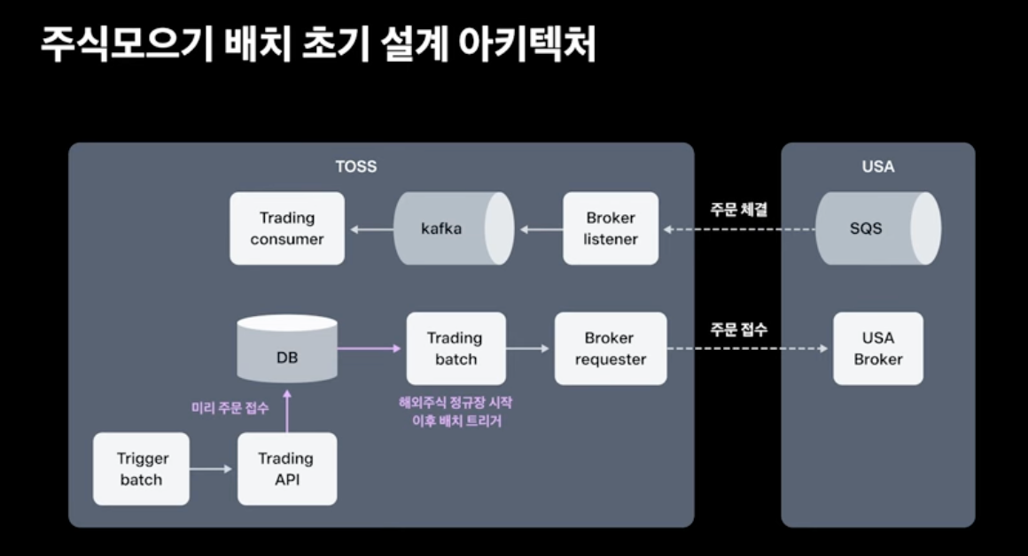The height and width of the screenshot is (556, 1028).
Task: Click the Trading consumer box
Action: (x=287, y=228)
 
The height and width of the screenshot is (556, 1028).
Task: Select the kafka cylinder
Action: (x=454, y=228)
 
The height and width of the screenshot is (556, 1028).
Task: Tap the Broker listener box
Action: (x=611, y=228)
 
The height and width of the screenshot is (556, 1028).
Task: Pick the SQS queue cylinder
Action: (x=878, y=228)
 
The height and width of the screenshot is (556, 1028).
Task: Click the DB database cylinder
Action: (x=287, y=349)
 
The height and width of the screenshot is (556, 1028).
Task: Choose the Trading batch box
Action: (x=456, y=349)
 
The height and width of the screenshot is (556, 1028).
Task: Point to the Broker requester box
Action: (x=611, y=349)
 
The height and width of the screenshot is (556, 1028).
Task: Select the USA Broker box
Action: (x=878, y=349)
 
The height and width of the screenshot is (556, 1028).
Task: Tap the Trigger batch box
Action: (x=141, y=469)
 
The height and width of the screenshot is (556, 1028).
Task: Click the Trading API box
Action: (x=287, y=469)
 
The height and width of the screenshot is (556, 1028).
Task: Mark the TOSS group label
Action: (x=356, y=166)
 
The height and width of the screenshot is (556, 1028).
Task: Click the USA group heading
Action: (x=878, y=166)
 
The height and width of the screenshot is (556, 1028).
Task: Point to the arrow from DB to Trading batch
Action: (x=370, y=349)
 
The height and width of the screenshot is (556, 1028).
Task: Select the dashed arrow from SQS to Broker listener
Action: (x=739, y=229)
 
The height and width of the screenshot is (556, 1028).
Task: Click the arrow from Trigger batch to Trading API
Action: (x=211, y=469)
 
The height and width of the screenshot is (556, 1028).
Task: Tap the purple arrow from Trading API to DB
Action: (x=286, y=412)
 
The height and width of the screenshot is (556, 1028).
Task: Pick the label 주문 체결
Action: (x=739, y=210)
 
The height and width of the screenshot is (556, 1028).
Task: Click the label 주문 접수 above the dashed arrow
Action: (x=739, y=329)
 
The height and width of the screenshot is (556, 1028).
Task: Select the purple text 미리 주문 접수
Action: (x=230, y=408)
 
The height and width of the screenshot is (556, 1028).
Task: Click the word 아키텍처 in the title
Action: (x=526, y=44)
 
